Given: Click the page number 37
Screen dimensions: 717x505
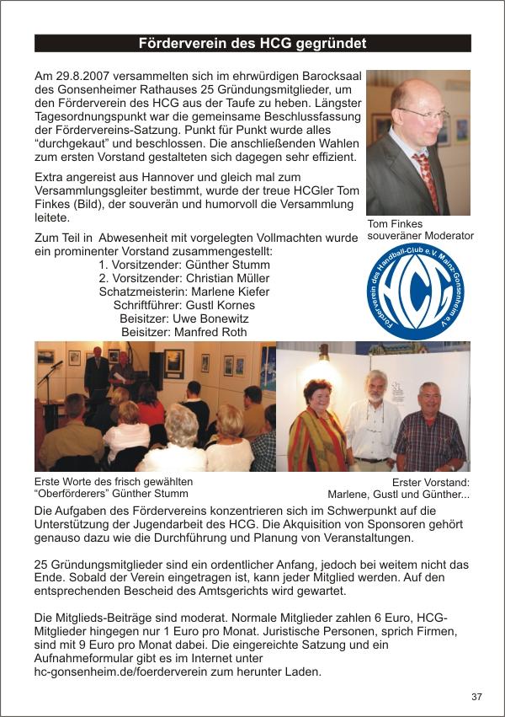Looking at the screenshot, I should pos(476,697).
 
